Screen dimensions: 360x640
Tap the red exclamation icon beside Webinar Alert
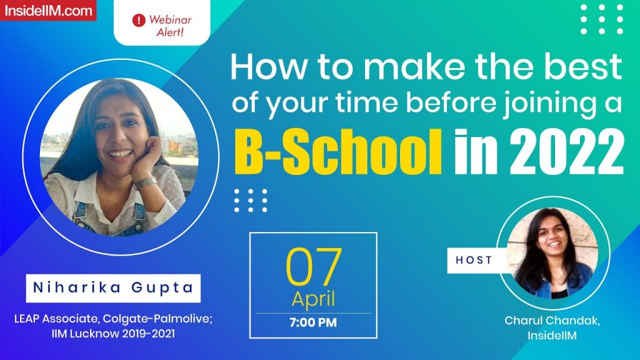[138, 20]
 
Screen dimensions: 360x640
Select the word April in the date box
[313, 299]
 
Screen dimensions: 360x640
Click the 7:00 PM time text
[313, 323]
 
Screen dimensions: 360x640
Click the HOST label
[474, 260]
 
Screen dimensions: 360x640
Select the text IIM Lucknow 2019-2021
[112, 334]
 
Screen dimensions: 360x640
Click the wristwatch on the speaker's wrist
[146, 183]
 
